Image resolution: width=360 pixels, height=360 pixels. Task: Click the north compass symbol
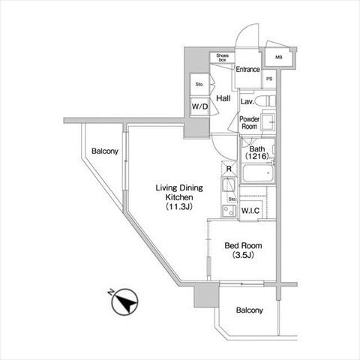[x=124, y=301]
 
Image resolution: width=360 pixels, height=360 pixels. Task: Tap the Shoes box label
[x=222, y=58]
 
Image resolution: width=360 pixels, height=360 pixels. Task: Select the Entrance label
[x=247, y=69]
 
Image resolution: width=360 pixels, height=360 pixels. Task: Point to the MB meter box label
[x=279, y=57]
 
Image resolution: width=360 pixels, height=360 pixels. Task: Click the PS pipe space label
[x=269, y=79]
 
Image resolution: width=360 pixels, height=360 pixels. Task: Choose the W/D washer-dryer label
[x=199, y=106]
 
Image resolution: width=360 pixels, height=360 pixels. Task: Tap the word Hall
[x=223, y=98]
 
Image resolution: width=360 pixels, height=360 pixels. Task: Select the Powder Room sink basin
[x=268, y=122]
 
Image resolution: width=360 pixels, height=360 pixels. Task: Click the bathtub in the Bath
[x=258, y=173]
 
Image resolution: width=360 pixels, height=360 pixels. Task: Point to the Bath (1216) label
[x=257, y=153]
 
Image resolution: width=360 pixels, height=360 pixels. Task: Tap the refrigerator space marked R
[x=229, y=169]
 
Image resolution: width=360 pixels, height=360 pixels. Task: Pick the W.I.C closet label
[x=250, y=211]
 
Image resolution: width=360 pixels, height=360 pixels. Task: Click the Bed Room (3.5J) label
[x=243, y=250]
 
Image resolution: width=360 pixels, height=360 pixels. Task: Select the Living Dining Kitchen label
[x=179, y=197]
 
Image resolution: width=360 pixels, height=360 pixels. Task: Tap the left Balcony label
[x=105, y=151]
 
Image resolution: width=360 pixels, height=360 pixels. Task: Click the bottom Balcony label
[x=250, y=310]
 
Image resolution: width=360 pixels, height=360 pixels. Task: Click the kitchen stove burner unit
[x=229, y=211]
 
